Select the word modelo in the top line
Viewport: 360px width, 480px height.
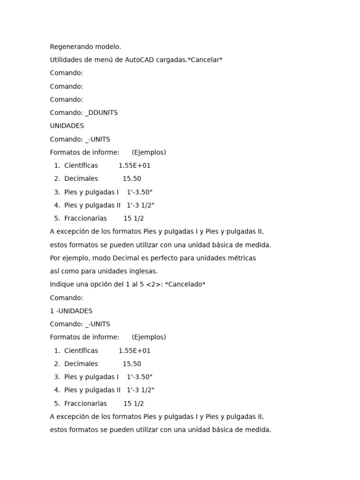108,47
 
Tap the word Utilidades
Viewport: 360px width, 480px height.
66,60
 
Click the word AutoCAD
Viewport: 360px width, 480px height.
140,60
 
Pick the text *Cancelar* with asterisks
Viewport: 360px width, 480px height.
205,60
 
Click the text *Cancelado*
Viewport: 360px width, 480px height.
185,285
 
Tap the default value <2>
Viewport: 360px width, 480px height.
154,285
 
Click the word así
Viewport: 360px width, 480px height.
55,271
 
